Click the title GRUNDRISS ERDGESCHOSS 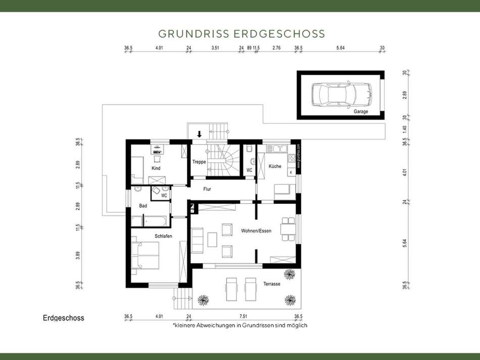coord(242,34)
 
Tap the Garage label coord(361,111)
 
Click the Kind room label coord(156,168)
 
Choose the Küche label coord(275,166)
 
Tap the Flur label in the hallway coord(207,189)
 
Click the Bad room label coord(143,206)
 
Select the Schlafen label coord(164,236)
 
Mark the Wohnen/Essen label coord(257,231)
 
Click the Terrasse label coord(271,284)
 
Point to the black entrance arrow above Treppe coord(200,134)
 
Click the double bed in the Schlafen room coord(146,256)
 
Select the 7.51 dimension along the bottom coord(243,317)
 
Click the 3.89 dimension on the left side coord(78,255)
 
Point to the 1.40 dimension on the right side coord(405,129)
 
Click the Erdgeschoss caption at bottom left coord(64,318)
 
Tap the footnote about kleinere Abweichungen coord(240,326)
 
